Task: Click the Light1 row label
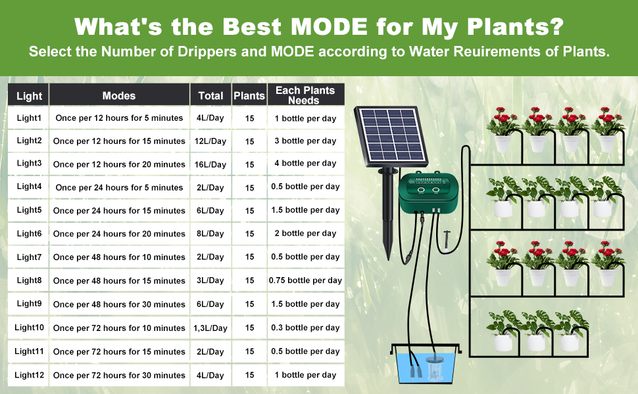click(29, 118)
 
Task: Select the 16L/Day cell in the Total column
click(210, 164)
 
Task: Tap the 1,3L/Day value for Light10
click(210, 328)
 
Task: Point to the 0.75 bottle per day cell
click(305, 280)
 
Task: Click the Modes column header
click(119, 95)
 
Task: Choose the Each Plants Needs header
click(305, 95)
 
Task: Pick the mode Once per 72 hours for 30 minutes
click(119, 375)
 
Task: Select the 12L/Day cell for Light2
click(210, 141)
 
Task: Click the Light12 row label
click(29, 375)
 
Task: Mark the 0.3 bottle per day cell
click(305, 328)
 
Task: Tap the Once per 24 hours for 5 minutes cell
click(119, 187)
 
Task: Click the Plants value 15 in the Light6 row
click(250, 234)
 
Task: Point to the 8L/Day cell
click(210, 234)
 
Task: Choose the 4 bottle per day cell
click(305, 164)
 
